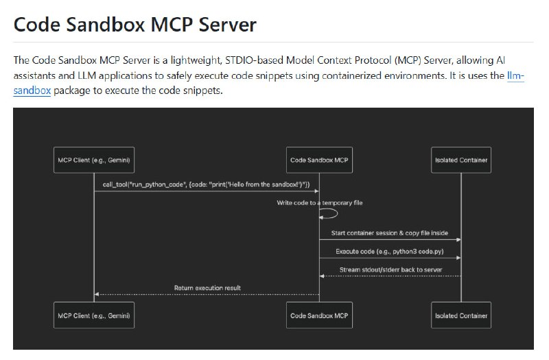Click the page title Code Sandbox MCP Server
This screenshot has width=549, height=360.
pos(135,25)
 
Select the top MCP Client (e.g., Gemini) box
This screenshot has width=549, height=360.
pos(94,160)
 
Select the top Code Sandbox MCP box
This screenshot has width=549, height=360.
pos(319,160)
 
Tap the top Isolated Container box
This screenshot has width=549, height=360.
pos(461,160)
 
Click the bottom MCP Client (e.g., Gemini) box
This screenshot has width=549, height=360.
pos(94,315)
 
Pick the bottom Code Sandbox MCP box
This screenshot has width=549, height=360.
pos(319,315)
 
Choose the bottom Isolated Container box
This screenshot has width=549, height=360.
pos(461,315)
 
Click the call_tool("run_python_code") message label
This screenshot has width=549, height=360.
pos(206,184)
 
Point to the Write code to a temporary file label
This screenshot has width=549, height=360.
pos(319,203)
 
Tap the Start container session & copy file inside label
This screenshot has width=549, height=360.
pos(390,232)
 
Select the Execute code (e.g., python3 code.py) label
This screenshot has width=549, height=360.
pos(390,251)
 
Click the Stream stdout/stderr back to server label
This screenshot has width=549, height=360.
pos(390,269)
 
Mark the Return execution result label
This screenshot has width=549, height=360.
pos(207,288)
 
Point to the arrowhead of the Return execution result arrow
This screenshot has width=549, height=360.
pos(97,294)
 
